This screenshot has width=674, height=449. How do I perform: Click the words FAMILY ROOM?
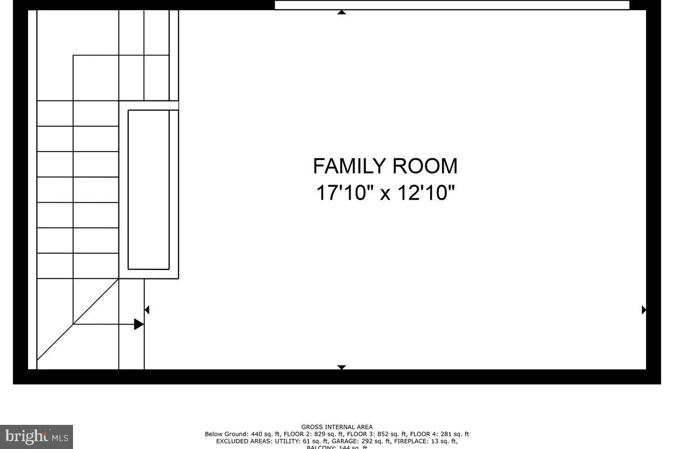coord(385,166)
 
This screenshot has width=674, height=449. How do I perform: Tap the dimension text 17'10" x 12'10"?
coord(385,193)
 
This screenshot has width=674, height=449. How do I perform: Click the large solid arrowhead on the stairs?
coord(139,324)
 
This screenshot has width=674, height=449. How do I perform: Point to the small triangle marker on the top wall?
coord(341,12)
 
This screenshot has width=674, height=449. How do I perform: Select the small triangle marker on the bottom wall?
coord(341,367)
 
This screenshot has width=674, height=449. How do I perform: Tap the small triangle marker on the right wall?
coord(644,310)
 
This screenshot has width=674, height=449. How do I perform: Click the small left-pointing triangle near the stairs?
coord(147,310)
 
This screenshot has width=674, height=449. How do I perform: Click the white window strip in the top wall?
coord(452,5)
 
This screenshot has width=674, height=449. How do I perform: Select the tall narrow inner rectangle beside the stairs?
coord(149,190)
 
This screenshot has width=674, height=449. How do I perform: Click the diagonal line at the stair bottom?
coord(78,319)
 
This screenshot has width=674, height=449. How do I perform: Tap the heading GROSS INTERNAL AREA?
coord(337,427)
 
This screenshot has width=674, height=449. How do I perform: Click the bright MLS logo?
coord(37,436)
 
